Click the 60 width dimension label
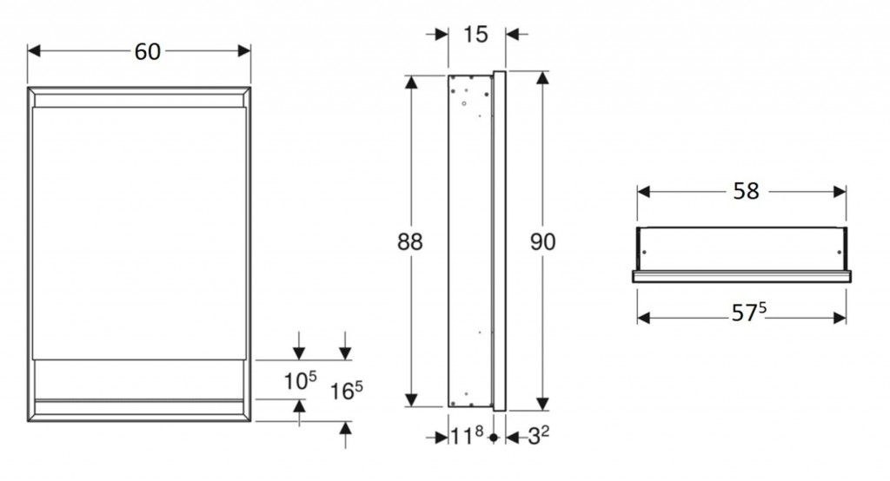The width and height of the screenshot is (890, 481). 148,51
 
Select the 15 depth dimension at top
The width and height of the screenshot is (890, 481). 475,35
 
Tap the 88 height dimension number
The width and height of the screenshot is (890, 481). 410,242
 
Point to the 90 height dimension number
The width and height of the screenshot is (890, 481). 542,242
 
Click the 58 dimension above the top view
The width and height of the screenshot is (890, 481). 746,192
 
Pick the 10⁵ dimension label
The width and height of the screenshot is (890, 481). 300,381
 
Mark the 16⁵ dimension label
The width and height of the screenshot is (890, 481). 346,390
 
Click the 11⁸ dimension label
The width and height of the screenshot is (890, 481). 467,436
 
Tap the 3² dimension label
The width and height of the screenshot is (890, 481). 538,436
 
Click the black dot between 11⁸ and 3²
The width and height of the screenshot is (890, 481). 494,438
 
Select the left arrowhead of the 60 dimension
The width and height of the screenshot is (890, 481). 34,51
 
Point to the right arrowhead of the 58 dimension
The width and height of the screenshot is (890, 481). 840,192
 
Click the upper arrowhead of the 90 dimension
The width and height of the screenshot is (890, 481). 542,78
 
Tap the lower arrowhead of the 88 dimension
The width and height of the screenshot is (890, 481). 411,400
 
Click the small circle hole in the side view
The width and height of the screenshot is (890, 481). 464,103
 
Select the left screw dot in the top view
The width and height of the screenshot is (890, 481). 644,253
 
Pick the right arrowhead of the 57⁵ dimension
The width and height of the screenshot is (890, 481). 840,319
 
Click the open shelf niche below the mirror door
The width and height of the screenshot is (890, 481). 139,379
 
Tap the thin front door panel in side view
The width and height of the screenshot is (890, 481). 500,240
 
